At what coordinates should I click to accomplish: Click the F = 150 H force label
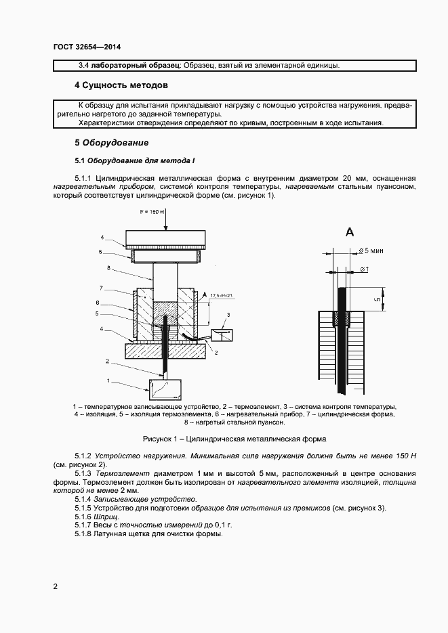155,213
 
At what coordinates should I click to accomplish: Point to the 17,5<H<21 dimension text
222,296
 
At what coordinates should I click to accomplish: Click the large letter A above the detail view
350,232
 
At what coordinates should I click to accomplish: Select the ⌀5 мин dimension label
369,251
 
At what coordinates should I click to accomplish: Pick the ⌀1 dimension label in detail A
364,269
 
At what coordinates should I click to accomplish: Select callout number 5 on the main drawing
98,315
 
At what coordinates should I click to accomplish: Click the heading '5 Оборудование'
111,144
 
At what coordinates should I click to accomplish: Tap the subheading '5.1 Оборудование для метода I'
134,161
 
